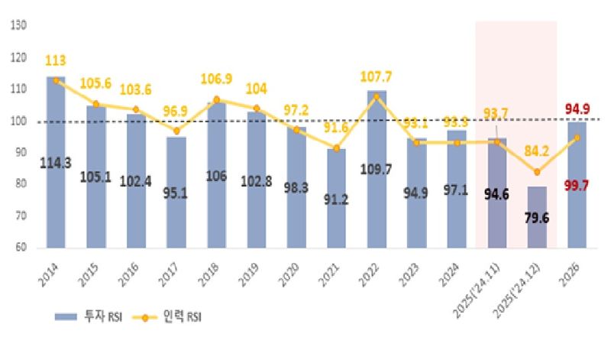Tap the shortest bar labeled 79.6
point(537,217)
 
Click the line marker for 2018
point(217,99)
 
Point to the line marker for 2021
point(337,148)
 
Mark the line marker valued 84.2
point(537,172)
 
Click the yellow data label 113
point(56,60)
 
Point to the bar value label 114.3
point(57,163)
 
